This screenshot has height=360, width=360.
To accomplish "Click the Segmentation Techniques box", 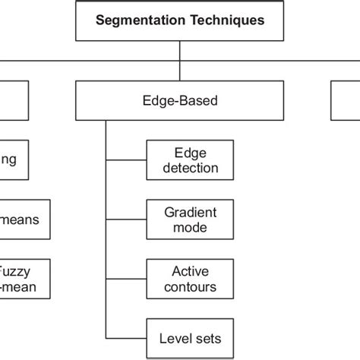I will coord(180,21).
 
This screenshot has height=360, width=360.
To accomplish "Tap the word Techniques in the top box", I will coord(227,21).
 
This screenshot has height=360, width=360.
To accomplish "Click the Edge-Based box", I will coord(179,102).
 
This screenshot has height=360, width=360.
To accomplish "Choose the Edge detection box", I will coord(190,159).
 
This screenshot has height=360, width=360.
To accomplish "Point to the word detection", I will coord(190,168).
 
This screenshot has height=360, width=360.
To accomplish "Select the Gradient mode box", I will coord(190,219).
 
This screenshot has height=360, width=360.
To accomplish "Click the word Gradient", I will coord(190,211).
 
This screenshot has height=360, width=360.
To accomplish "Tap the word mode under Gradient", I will coord(190,227).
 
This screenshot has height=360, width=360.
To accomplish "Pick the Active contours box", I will coord(190,279).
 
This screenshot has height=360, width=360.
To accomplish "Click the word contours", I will coord(190,287).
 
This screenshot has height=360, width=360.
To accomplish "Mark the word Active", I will coord(190,271).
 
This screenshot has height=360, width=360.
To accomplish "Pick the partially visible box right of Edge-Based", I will coord(346,102).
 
